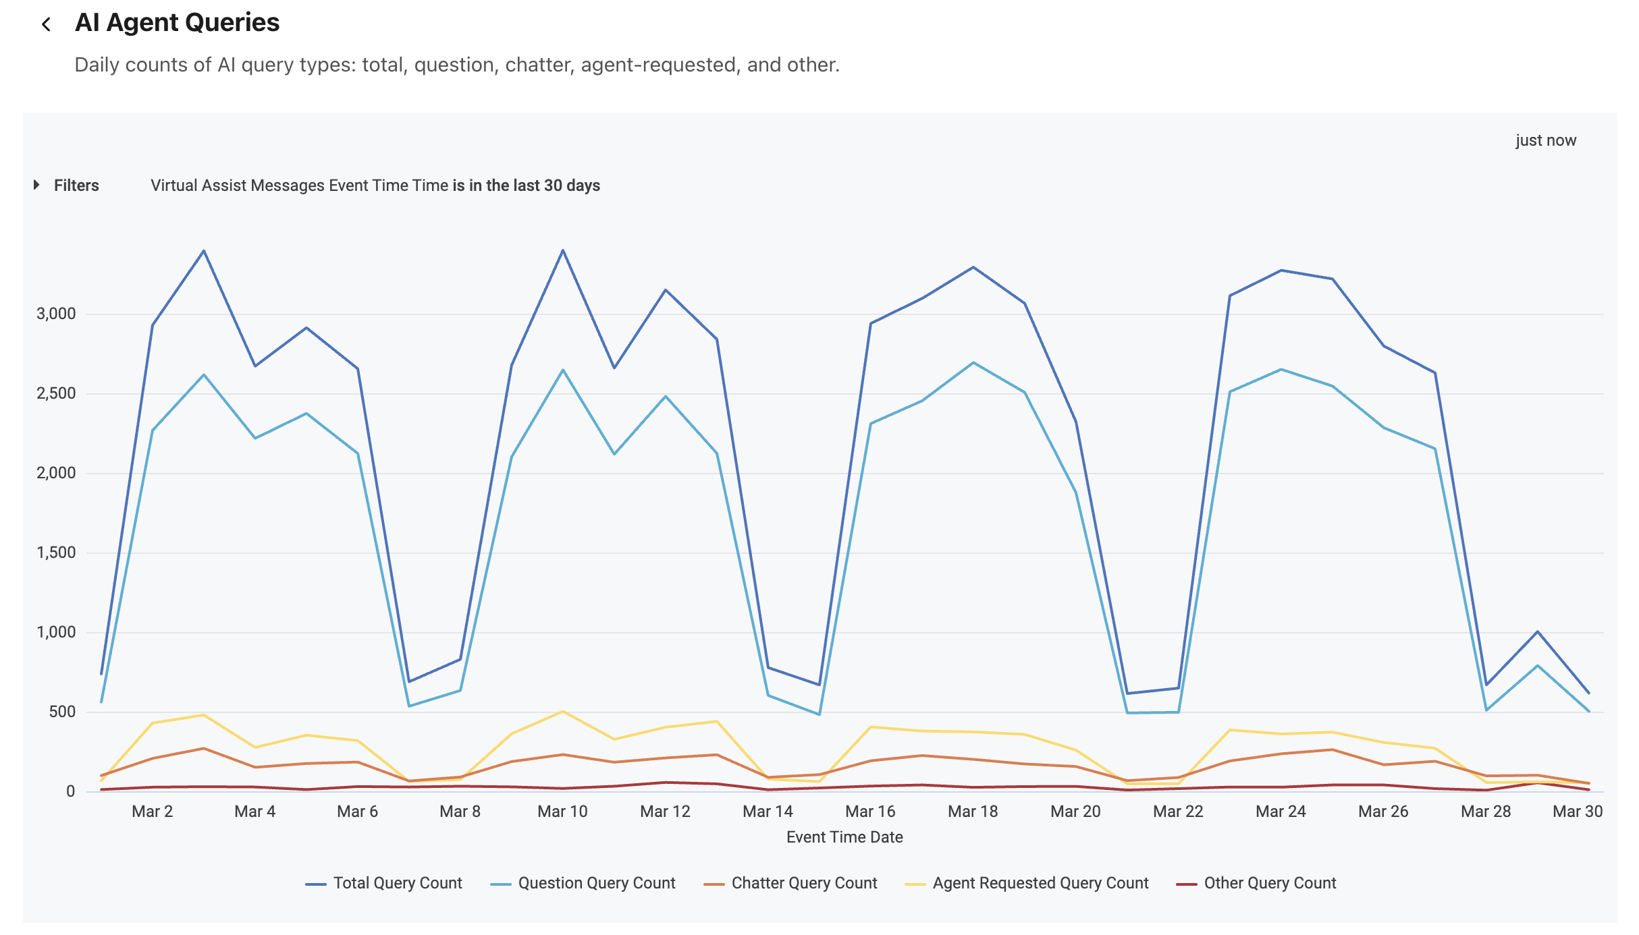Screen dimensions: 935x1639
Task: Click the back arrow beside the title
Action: (x=46, y=25)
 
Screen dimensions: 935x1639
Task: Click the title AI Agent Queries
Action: (x=177, y=23)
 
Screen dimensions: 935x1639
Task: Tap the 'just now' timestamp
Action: (x=1545, y=140)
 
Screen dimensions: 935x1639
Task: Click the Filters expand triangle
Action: (x=37, y=185)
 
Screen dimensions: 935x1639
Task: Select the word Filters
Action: (x=76, y=186)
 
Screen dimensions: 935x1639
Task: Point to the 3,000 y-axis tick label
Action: (x=56, y=314)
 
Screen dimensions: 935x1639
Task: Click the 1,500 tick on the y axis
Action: (x=56, y=552)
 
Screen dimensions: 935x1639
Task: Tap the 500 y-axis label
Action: (x=62, y=712)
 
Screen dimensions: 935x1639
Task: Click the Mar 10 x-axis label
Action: (x=562, y=812)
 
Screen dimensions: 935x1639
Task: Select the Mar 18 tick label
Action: (x=973, y=812)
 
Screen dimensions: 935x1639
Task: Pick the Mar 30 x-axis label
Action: (x=1577, y=812)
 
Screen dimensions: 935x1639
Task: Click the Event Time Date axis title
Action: (x=844, y=837)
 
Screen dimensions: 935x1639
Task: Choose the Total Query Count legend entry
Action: (x=397, y=883)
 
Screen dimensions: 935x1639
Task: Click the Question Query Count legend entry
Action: (x=596, y=883)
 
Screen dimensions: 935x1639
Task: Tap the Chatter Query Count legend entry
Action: (x=803, y=883)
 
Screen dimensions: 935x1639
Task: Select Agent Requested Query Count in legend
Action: (x=1040, y=883)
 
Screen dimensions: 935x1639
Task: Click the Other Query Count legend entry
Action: (x=1269, y=883)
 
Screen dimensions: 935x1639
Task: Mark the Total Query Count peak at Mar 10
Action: (x=563, y=251)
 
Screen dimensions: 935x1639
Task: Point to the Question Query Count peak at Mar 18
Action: (x=973, y=363)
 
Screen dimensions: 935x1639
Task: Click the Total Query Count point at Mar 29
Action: (x=1538, y=632)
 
